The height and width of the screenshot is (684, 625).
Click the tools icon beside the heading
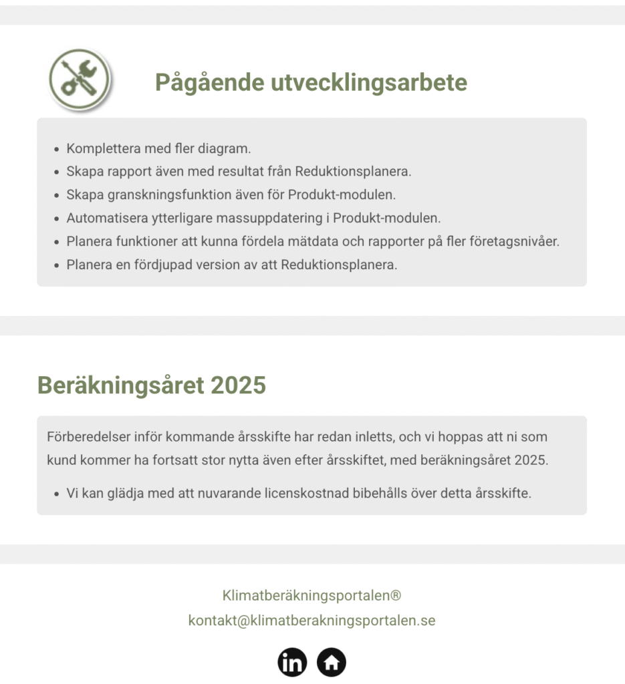click(x=80, y=79)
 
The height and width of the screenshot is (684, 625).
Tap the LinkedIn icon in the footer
click(x=292, y=662)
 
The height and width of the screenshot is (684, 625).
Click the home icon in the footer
click(x=332, y=662)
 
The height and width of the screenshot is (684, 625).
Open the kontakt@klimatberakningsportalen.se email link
click(x=311, y=621)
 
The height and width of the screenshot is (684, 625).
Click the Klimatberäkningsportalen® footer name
click(x=311, y=595)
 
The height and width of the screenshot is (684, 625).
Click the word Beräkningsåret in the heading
click(x=120, y=385)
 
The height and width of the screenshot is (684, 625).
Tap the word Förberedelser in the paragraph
click(x=85, y=438)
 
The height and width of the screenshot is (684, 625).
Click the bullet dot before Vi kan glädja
click(x=56, y=495)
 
